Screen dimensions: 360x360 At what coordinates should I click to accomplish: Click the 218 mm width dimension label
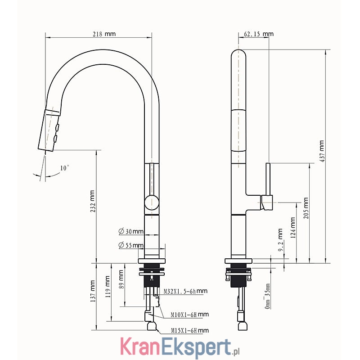[x=104, y=34]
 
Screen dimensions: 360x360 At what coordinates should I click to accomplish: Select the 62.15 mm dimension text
[x=258, y=34]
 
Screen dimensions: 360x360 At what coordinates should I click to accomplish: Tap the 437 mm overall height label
[x=322, y=151]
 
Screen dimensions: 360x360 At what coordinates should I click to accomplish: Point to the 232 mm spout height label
[x=92, y=201]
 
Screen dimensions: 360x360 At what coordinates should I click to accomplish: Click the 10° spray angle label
[x=64, y=168]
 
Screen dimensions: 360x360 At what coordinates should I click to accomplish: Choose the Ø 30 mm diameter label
[x=131, y=231]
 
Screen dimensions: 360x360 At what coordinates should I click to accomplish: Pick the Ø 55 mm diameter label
[x=131, y=245]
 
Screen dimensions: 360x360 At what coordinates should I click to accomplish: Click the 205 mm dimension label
[x=306, y=208]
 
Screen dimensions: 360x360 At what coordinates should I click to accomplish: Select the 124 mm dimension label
[x=293, y=228]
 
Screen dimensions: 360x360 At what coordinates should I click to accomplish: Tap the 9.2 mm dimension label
[x=280, y=240]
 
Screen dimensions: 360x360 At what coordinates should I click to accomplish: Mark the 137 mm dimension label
[x=92, y=291]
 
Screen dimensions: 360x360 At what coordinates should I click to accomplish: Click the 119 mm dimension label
[x=108, y=287]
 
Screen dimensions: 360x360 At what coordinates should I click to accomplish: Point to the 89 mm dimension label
[x=121, y=279]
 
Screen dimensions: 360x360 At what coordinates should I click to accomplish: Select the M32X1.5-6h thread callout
[x=185, y=291]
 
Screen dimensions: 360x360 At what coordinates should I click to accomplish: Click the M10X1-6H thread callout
[x=190, y=314]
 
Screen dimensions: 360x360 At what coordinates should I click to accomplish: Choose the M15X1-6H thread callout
[x=190, y=330]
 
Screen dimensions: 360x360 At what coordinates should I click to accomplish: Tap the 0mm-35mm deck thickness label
[x=267, y=296]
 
